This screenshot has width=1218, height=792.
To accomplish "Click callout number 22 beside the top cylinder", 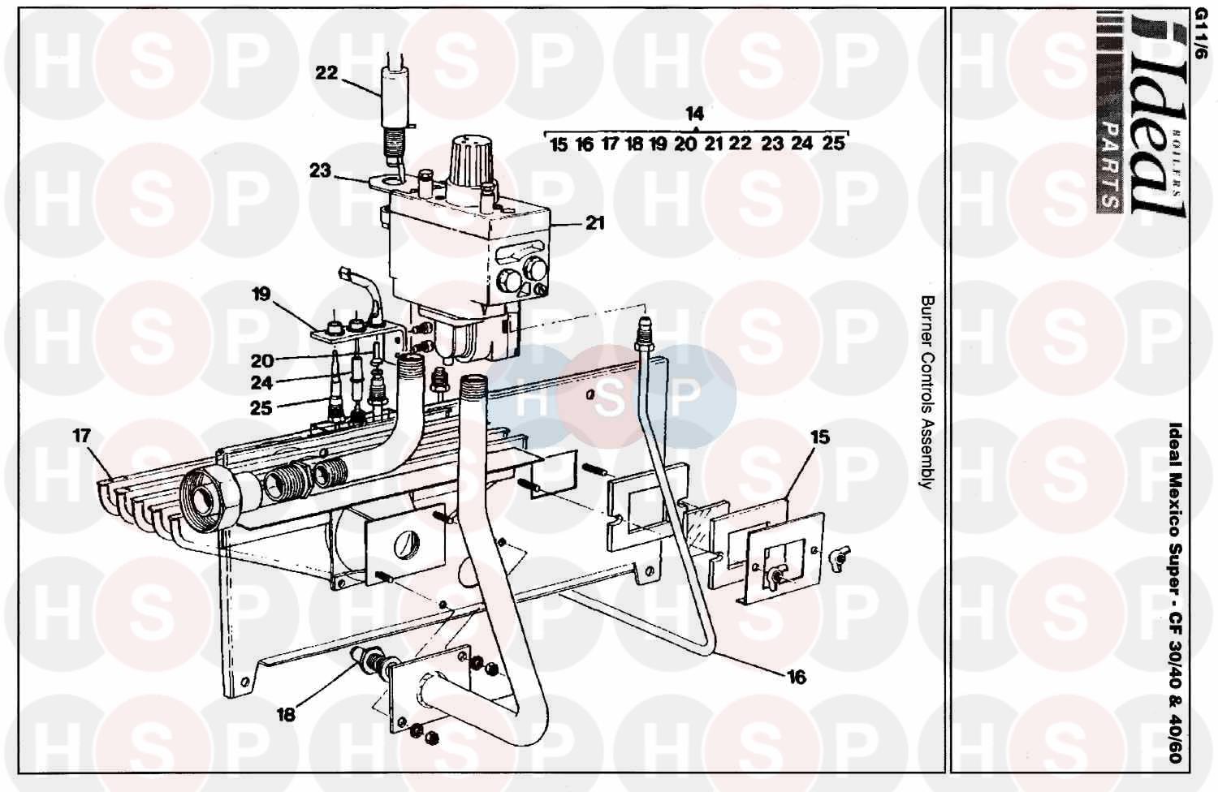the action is coord(326,72).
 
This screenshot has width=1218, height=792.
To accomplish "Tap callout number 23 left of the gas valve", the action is coord(320,170).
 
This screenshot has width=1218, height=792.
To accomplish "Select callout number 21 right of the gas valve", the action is coord(595,223).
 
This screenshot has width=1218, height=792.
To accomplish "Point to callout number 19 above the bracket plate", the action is coord(261,295).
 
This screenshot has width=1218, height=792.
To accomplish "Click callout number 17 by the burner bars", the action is coord(82,436).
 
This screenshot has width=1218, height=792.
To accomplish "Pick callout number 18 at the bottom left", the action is coord(286,715).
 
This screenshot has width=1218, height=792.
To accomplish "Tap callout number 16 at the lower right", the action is coord(797,678).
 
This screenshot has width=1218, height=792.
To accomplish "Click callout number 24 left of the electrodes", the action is coord(261,383).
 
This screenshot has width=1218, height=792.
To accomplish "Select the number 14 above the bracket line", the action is coord(694,114).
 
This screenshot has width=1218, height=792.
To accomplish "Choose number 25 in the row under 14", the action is coord(833,144).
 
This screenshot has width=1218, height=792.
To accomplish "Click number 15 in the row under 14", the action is coord(559,145).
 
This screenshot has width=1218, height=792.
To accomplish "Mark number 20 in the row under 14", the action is coord(685,144).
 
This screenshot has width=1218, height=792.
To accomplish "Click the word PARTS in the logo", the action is coord(1109,171).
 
